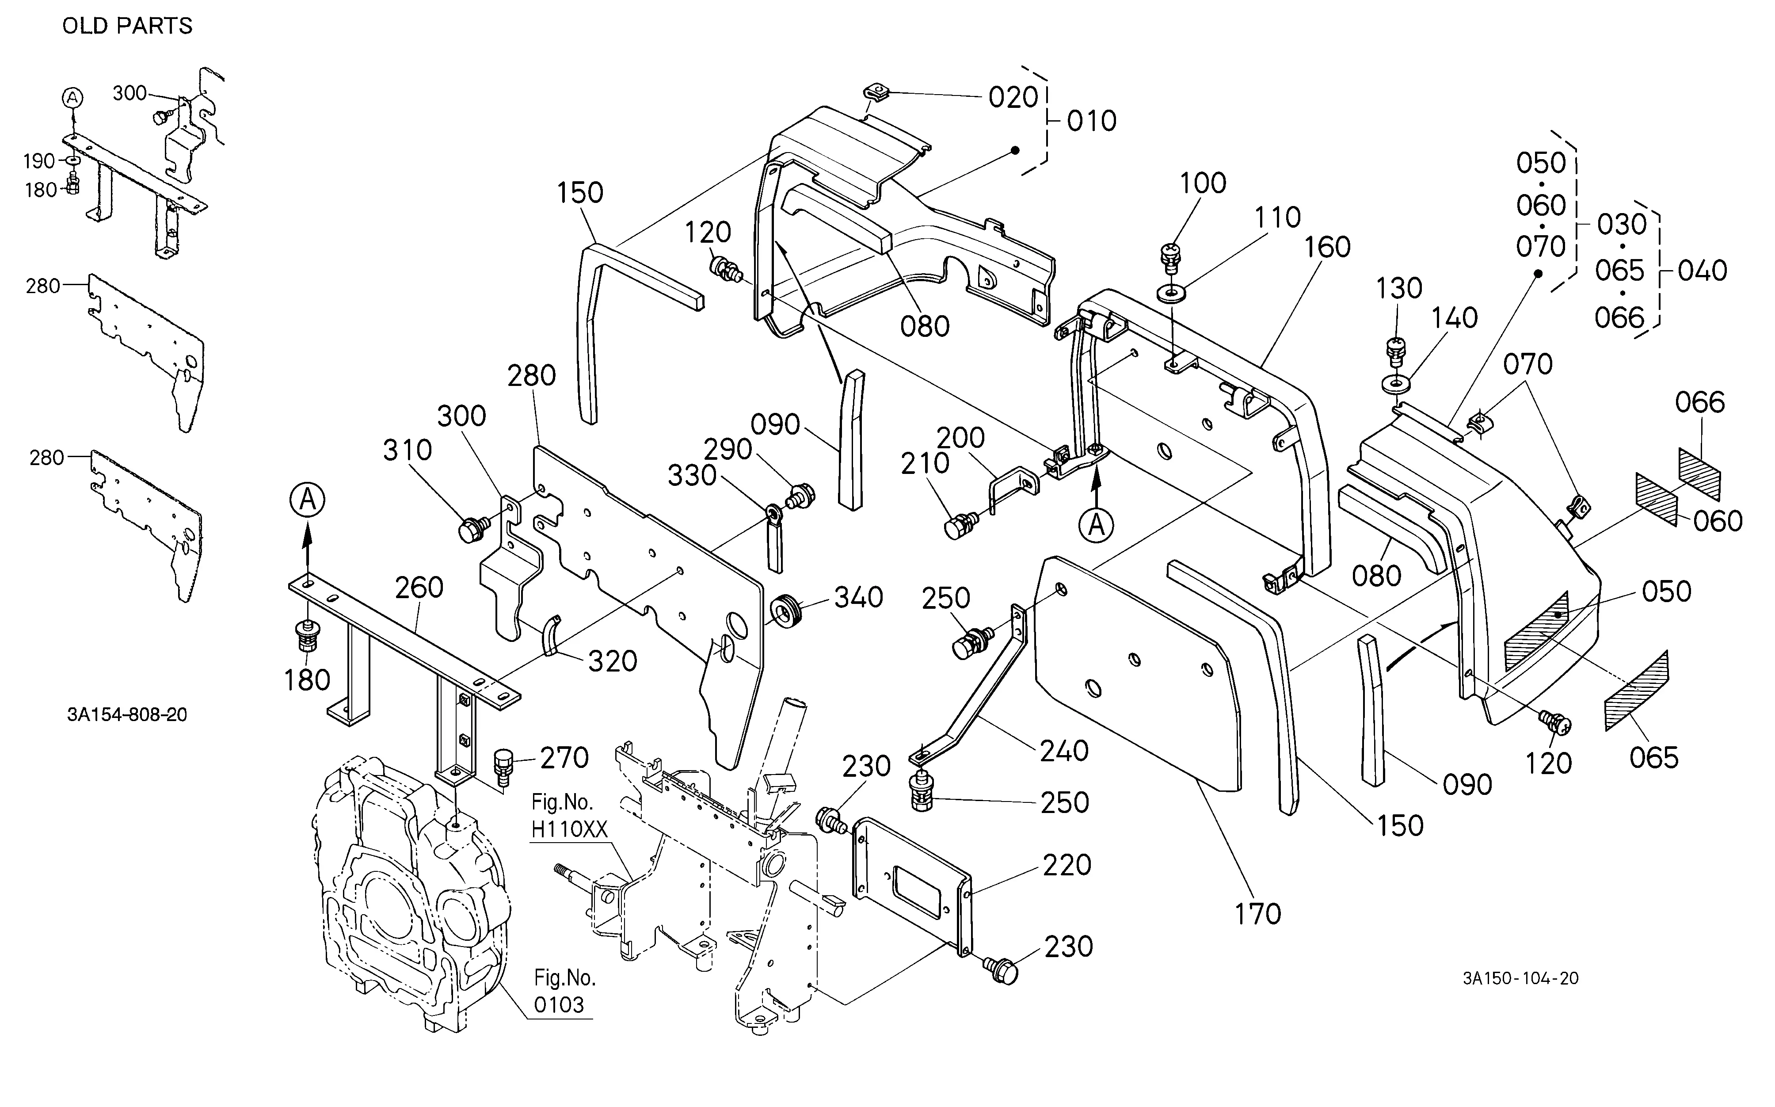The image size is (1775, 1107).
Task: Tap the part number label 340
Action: pos(859,597)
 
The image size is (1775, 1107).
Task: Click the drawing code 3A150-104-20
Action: pos(1520,978)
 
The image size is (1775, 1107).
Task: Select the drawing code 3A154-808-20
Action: pos(127,714)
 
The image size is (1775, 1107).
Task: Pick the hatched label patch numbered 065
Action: pos(1637,691)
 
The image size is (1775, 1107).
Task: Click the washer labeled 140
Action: pos(1397,383)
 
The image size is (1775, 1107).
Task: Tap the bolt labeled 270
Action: pos(503,766)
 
